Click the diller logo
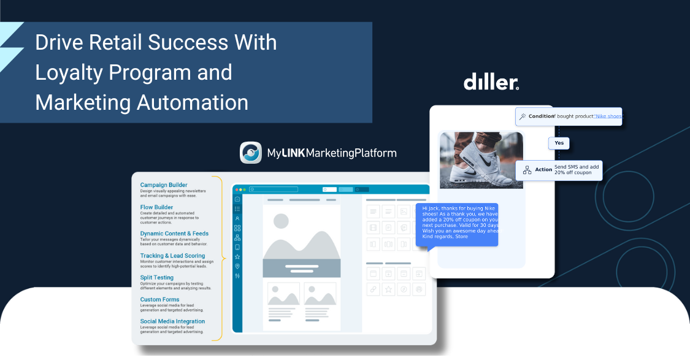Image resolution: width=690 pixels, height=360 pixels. (x=491, y=82)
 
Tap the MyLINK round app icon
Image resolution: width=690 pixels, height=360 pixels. (x=251, y=153)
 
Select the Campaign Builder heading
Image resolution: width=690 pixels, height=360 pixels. (x=164, y=185)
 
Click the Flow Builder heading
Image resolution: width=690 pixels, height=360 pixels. (x=156, y=207)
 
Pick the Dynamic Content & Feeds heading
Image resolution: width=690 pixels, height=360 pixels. (x=174, y=233)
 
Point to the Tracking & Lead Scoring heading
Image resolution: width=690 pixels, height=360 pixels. (x=172, y=256)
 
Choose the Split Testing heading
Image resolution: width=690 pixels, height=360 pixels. (x=156, y=278)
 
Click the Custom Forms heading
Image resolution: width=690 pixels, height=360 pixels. (x=159, y=300)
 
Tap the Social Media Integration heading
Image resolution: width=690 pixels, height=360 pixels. (x=172, y=321)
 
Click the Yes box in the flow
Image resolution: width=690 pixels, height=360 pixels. (x=559, y=143)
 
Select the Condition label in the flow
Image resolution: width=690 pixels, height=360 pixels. (x=540, y=116)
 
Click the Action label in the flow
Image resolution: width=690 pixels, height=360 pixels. (x=543, y=170)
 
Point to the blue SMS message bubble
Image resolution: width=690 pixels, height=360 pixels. (x=457, y=224)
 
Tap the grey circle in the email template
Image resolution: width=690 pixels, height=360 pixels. (x=281, y=221)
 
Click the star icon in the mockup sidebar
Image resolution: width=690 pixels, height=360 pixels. (x=237, y=256)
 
